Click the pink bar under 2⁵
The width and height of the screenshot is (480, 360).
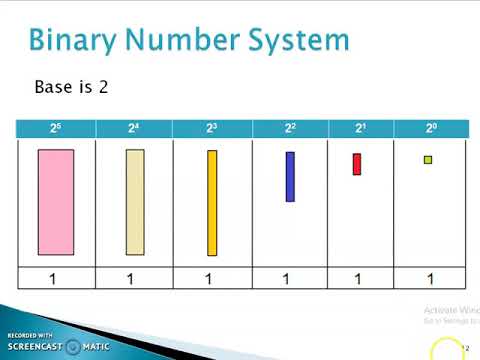tap(56, 202)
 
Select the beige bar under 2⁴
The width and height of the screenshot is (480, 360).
tap(135, 202)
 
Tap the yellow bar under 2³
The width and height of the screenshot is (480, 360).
tap(212, 203)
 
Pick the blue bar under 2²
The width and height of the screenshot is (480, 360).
tap(290, 176)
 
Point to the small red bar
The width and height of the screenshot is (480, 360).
tap(357, 164)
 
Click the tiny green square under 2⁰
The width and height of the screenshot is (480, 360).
tap(428, 159)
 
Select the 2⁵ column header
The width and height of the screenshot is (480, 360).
tap(57, 128)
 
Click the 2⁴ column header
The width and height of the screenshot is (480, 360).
tap(134, 128)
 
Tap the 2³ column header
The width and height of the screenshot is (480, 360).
tap(212, 128)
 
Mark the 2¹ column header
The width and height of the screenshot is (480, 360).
tap(361, 128)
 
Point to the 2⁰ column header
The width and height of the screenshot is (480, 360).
tap(430, 128)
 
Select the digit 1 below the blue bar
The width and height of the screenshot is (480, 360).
tap(287, 279)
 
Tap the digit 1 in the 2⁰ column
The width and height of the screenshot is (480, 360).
tap(430, 279)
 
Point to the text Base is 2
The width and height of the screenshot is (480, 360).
tap(71, 87)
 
